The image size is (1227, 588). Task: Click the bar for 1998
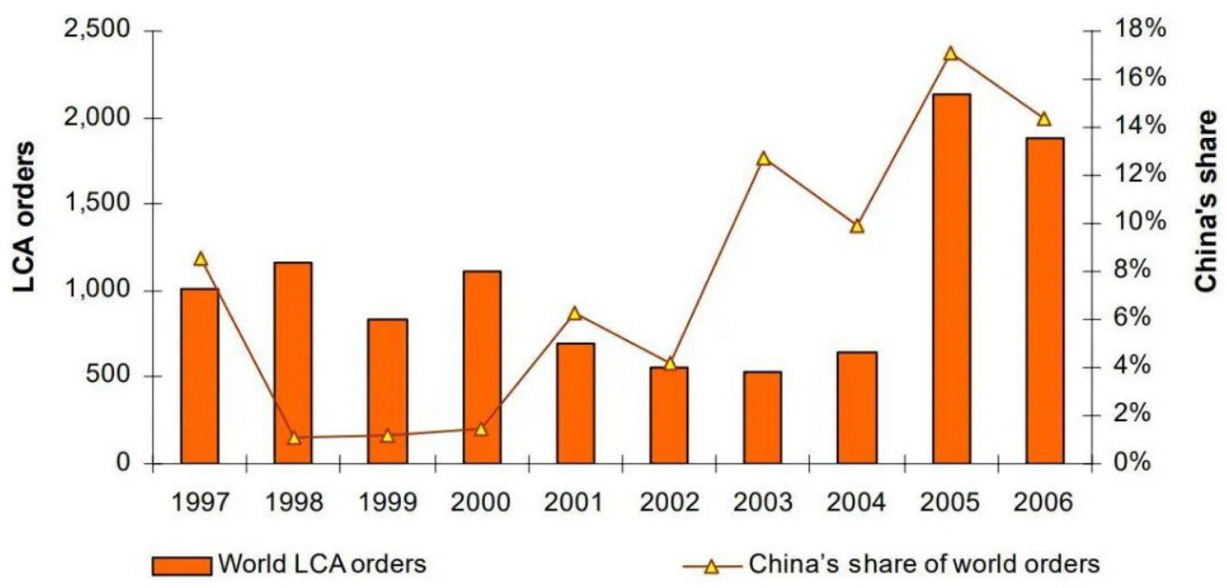pos(293,363)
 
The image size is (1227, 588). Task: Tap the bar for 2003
pos(763,417)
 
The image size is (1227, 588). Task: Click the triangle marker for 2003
pos(763,159)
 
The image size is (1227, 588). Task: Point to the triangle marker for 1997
pos(200,259)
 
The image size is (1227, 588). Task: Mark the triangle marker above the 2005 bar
pos(950,54)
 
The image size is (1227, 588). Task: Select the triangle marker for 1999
pos(387,436)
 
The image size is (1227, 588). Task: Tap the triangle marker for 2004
pos(857,226)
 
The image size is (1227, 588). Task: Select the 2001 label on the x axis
pos(575,502)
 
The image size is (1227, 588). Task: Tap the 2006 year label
pos(1044,502)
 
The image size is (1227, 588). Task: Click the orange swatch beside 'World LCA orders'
pos(182,565)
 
